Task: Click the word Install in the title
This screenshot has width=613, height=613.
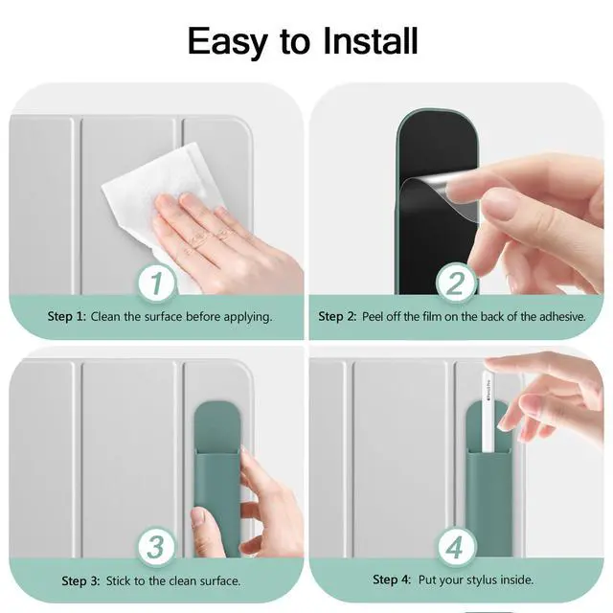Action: [371, 41]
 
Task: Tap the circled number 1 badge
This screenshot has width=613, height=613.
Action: [157, 284]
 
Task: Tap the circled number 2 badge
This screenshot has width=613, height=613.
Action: [456, 284]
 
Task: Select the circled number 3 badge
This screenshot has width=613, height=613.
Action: [156, 547]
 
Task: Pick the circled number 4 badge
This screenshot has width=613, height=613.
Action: [456, 547]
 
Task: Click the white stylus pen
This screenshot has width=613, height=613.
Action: [488, 411]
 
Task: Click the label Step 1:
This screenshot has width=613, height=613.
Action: [66, 316]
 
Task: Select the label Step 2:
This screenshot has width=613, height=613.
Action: [337, 316]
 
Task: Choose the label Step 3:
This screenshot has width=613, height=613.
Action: [80, 581]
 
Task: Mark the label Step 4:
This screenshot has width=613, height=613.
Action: [392, 579]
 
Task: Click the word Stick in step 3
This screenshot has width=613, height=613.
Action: [119, 581]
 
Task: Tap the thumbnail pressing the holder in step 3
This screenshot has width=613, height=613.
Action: [198, 517]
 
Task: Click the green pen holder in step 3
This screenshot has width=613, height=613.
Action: [217, 479]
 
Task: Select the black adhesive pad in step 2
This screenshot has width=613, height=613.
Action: [437, 211]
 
